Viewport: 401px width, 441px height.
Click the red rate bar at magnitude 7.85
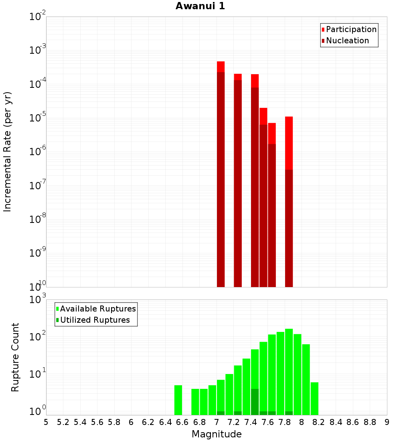point(289,200)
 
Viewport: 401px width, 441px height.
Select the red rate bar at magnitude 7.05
point(221,176)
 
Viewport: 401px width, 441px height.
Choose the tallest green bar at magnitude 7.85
point(289,369)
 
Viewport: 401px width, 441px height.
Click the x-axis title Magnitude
point(217,434)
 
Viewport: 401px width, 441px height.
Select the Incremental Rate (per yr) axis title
point(7,152)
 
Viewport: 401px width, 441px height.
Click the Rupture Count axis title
point(15,357)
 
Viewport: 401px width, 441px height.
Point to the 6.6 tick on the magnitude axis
point(182,422)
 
